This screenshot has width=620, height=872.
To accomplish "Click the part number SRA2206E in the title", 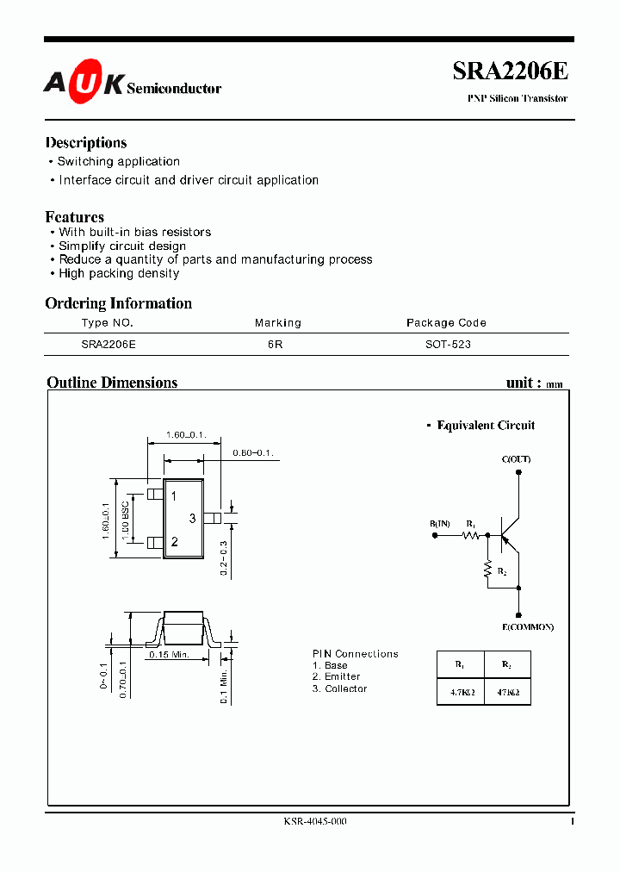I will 510,72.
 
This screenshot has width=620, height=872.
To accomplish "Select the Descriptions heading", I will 86,143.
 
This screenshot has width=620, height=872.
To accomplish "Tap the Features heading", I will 75,217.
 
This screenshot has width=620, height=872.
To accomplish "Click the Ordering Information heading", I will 119,303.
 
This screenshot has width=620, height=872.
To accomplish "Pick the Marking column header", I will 278,323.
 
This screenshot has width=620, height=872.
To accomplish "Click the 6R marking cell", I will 275,344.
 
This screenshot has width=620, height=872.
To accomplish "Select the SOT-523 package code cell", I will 448,344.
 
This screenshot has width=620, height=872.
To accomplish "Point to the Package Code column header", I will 446,323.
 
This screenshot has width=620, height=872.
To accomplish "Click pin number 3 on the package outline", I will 193,518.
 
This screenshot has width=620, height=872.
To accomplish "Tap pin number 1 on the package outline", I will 174,496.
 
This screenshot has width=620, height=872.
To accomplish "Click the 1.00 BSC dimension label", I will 126,520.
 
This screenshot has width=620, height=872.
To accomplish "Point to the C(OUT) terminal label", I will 516,459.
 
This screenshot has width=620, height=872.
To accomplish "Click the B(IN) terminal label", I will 439,523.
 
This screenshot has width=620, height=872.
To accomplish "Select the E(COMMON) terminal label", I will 528,626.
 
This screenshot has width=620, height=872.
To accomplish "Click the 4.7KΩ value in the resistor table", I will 460,691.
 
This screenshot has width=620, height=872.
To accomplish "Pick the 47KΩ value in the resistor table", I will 506,691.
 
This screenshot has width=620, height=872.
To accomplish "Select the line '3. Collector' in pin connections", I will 339,688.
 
